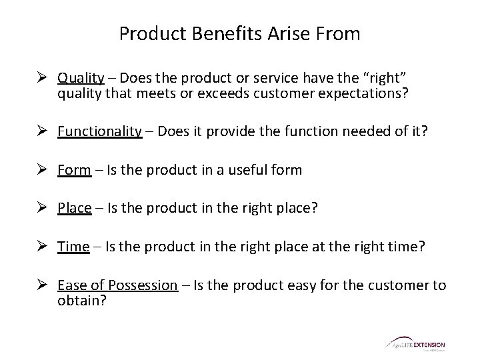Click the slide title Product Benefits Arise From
point(239,34)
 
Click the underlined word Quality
point(81,77)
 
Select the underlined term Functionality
point(100,132)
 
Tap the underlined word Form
point(74,170)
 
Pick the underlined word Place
point(75,208)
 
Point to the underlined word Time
point(73,246)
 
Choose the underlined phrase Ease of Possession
point(117,285)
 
